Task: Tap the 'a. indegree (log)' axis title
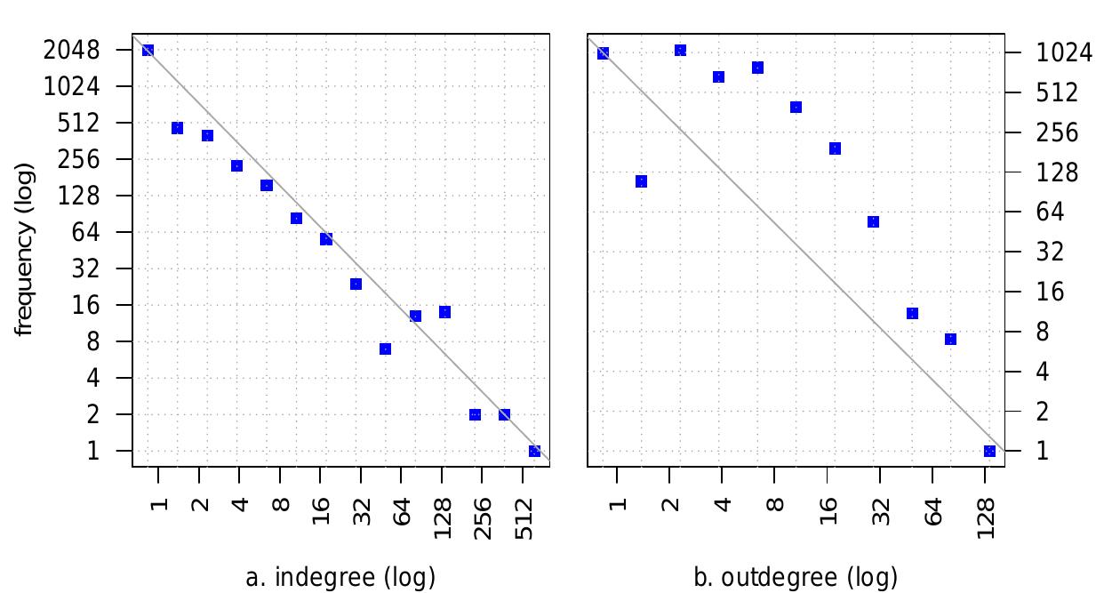340,577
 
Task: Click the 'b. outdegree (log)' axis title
796,577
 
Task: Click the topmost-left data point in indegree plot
148,51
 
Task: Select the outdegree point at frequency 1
989,451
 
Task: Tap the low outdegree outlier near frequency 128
641,181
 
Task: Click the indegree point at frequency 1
534,451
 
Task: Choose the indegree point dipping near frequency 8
385,349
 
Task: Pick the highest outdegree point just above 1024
680,51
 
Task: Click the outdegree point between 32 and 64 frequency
873,222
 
